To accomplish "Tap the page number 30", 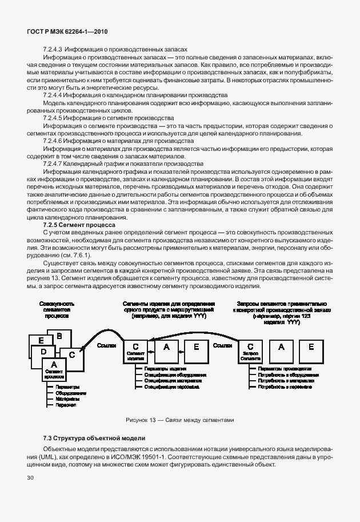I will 30,476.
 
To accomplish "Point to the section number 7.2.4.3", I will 55,49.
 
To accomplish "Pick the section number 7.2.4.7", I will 55,163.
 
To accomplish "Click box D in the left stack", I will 43,353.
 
